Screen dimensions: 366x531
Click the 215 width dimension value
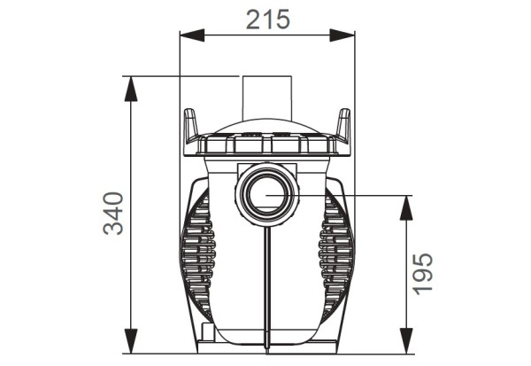coord(266,19)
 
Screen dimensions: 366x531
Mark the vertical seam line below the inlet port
coord(266,284)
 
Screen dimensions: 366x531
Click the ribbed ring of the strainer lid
coord(265,143)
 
